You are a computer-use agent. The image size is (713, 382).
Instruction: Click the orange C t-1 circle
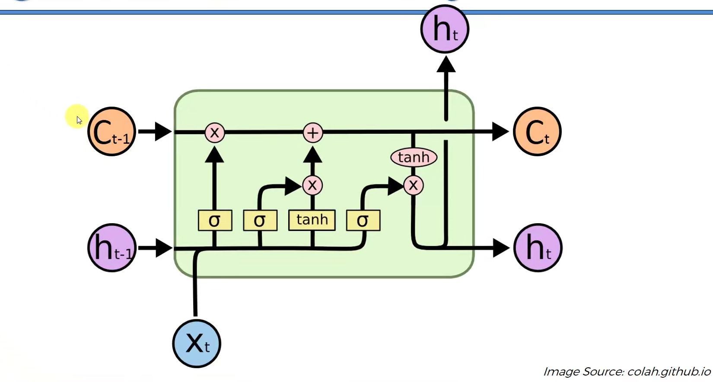[111, 132]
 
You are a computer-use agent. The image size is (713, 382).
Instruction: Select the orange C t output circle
[537, 132]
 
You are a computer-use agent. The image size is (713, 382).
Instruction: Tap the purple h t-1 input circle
[112, 248]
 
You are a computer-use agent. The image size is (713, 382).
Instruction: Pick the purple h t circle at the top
[445, 29]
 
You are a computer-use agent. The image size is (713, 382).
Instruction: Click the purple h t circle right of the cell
[538, 248]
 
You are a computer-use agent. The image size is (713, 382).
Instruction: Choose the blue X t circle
[197, 344]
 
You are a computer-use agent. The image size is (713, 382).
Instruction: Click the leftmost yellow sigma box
[215, 221]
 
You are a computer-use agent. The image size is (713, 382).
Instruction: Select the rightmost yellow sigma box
[363, 221]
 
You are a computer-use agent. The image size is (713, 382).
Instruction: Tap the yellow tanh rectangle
[312, 220]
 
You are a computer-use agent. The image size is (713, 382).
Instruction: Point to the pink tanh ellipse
[414, 158]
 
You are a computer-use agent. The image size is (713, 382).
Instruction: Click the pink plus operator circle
[313, 133]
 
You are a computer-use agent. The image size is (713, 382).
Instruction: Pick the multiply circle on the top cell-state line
[215, 133]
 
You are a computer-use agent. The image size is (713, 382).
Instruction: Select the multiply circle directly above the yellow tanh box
[312, 186]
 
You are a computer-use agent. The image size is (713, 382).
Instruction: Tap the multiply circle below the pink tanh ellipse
[414, 186]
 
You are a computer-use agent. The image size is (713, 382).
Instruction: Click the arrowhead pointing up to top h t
[446, 65]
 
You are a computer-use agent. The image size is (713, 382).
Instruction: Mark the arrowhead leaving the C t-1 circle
[163, 132]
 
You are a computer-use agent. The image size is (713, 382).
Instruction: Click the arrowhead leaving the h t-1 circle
[163, 248]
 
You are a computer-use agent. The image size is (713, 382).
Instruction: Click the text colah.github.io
[668, 372]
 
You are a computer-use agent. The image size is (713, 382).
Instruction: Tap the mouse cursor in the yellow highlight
[79, 120]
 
